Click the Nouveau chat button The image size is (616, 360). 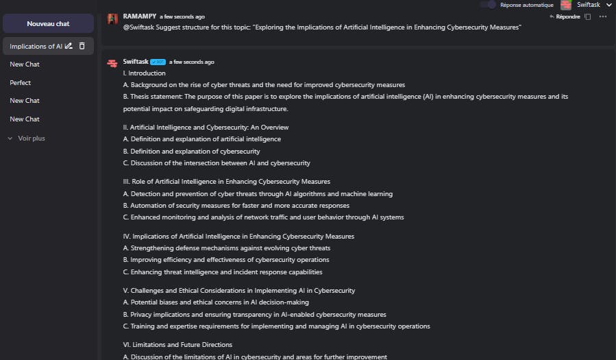(48, 23)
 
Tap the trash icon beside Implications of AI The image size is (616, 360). (82, 46)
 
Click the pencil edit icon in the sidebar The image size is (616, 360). (69, 46)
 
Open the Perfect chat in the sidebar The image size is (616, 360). (20, 82)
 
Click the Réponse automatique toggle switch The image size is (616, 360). (487, 5)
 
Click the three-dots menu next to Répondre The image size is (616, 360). (603, 16)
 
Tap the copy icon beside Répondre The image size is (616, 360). (587, 16)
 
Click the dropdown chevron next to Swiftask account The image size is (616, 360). (609, 5)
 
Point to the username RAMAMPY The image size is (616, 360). (139, 16)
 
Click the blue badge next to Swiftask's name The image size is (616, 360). (158, 62)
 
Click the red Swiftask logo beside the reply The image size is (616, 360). (112, 64)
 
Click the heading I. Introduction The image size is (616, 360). (144, 73)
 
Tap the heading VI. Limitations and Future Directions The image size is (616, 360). (177, 344)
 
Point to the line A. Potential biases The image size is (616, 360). (216, 302)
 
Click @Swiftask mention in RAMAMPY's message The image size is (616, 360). (139, 27)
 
